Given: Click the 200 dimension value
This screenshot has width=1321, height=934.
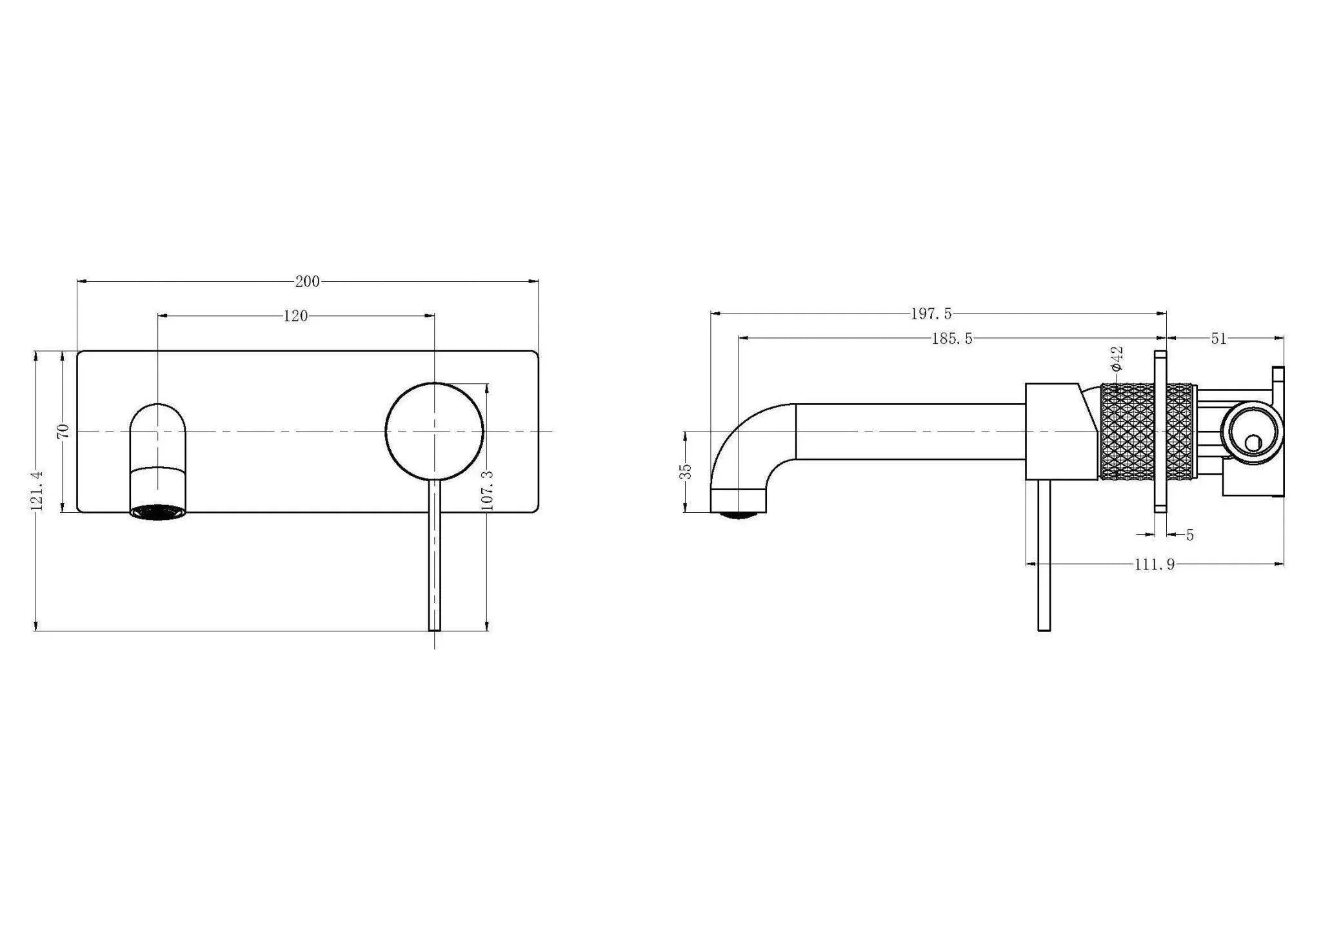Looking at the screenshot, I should pyautogui.click(x=307, y=281).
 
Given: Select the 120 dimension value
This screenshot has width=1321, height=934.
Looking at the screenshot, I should pyautogui.click(x=295, y=316).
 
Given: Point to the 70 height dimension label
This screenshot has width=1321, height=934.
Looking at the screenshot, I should pyautogui.click(x=63, y=431).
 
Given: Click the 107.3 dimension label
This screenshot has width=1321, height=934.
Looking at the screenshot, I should pyautogui.click(x=488, y=490).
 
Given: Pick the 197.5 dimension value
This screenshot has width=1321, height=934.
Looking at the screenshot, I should pyautogui.click(x=931, y=314).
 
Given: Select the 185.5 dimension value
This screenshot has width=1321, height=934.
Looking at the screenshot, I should pyautogui.click(x=951, y=339).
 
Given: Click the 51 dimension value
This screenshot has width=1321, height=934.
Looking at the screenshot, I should pyautogui.click(x=1218, y=339).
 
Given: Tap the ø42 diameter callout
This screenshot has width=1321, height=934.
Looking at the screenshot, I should pyautogui.click(x=1117, y=359).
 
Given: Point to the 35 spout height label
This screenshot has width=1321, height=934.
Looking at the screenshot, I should pyautogui.click(x=687, y=471).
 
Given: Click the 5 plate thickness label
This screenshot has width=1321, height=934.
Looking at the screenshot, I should pyautogui.click(x=1189, y=535).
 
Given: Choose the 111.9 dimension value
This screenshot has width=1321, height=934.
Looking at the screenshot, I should pyautogui.click(x=1155, y=564).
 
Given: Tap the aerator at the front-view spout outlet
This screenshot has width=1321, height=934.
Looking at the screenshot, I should pyautogui.click(x=159, y=512).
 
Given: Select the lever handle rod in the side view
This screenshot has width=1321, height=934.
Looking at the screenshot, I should pyautogui.click(x=1044, y=555).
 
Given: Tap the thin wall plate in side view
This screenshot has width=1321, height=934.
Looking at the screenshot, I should pyautogui.click(x=1160, y=431).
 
